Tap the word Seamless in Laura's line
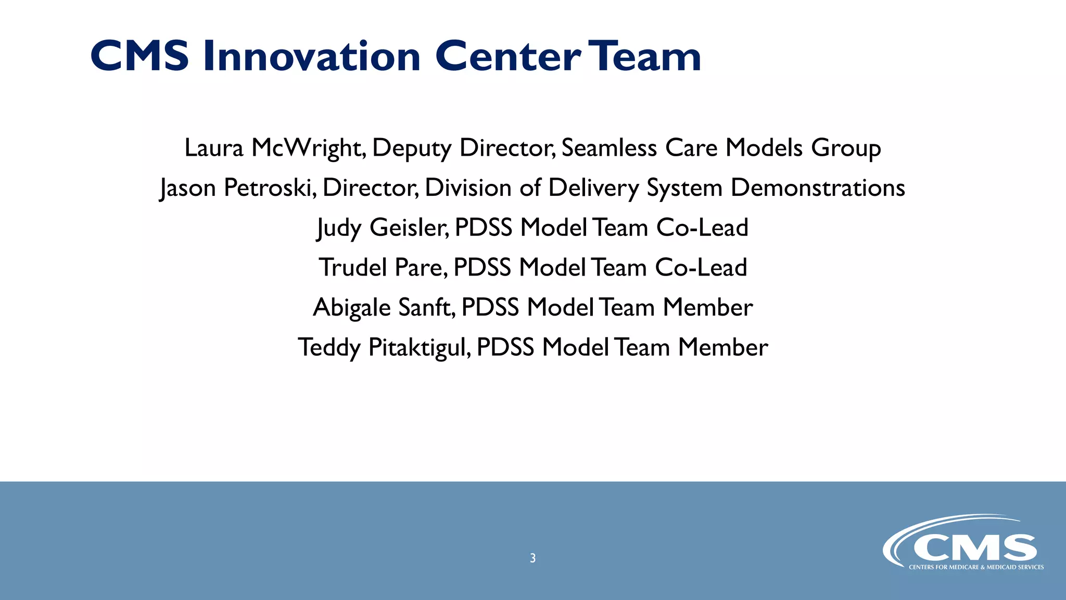click(609, 148)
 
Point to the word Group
click(846, 148)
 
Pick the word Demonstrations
click(818, 187)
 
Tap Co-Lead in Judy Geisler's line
click(702, 228)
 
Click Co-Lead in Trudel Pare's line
click(701, 268)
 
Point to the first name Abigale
click(352, 307)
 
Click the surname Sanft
click(427, 307)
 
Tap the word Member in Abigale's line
click(708, 307)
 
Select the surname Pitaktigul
click(420, 347)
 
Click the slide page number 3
click(532, 558)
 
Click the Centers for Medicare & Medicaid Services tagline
click(976, 567)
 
